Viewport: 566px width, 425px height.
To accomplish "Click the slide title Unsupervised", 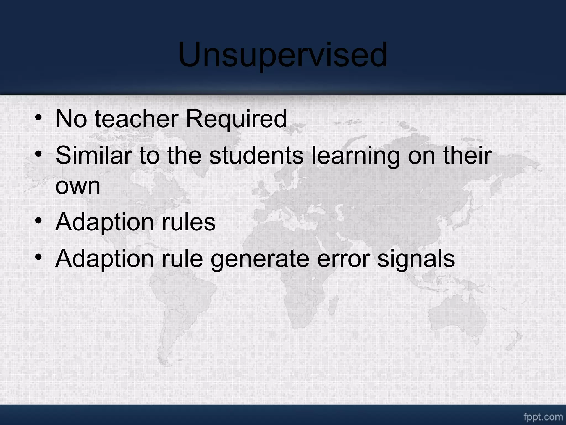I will tap(283, 55).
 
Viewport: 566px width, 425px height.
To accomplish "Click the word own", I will tap(78, 186).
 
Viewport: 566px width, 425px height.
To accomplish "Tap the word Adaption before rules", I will tap(104, 223).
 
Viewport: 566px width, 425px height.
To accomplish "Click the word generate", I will tap(260, 260).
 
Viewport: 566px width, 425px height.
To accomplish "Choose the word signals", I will tap(416, 260).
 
